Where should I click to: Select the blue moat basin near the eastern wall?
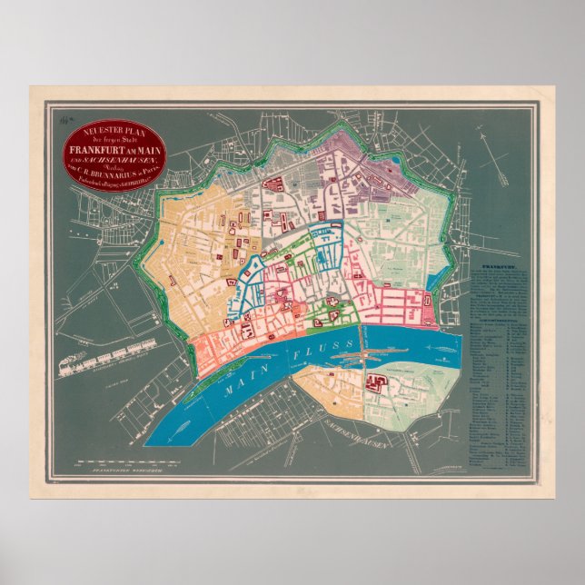pyautogui.click(x=429, y=314)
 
